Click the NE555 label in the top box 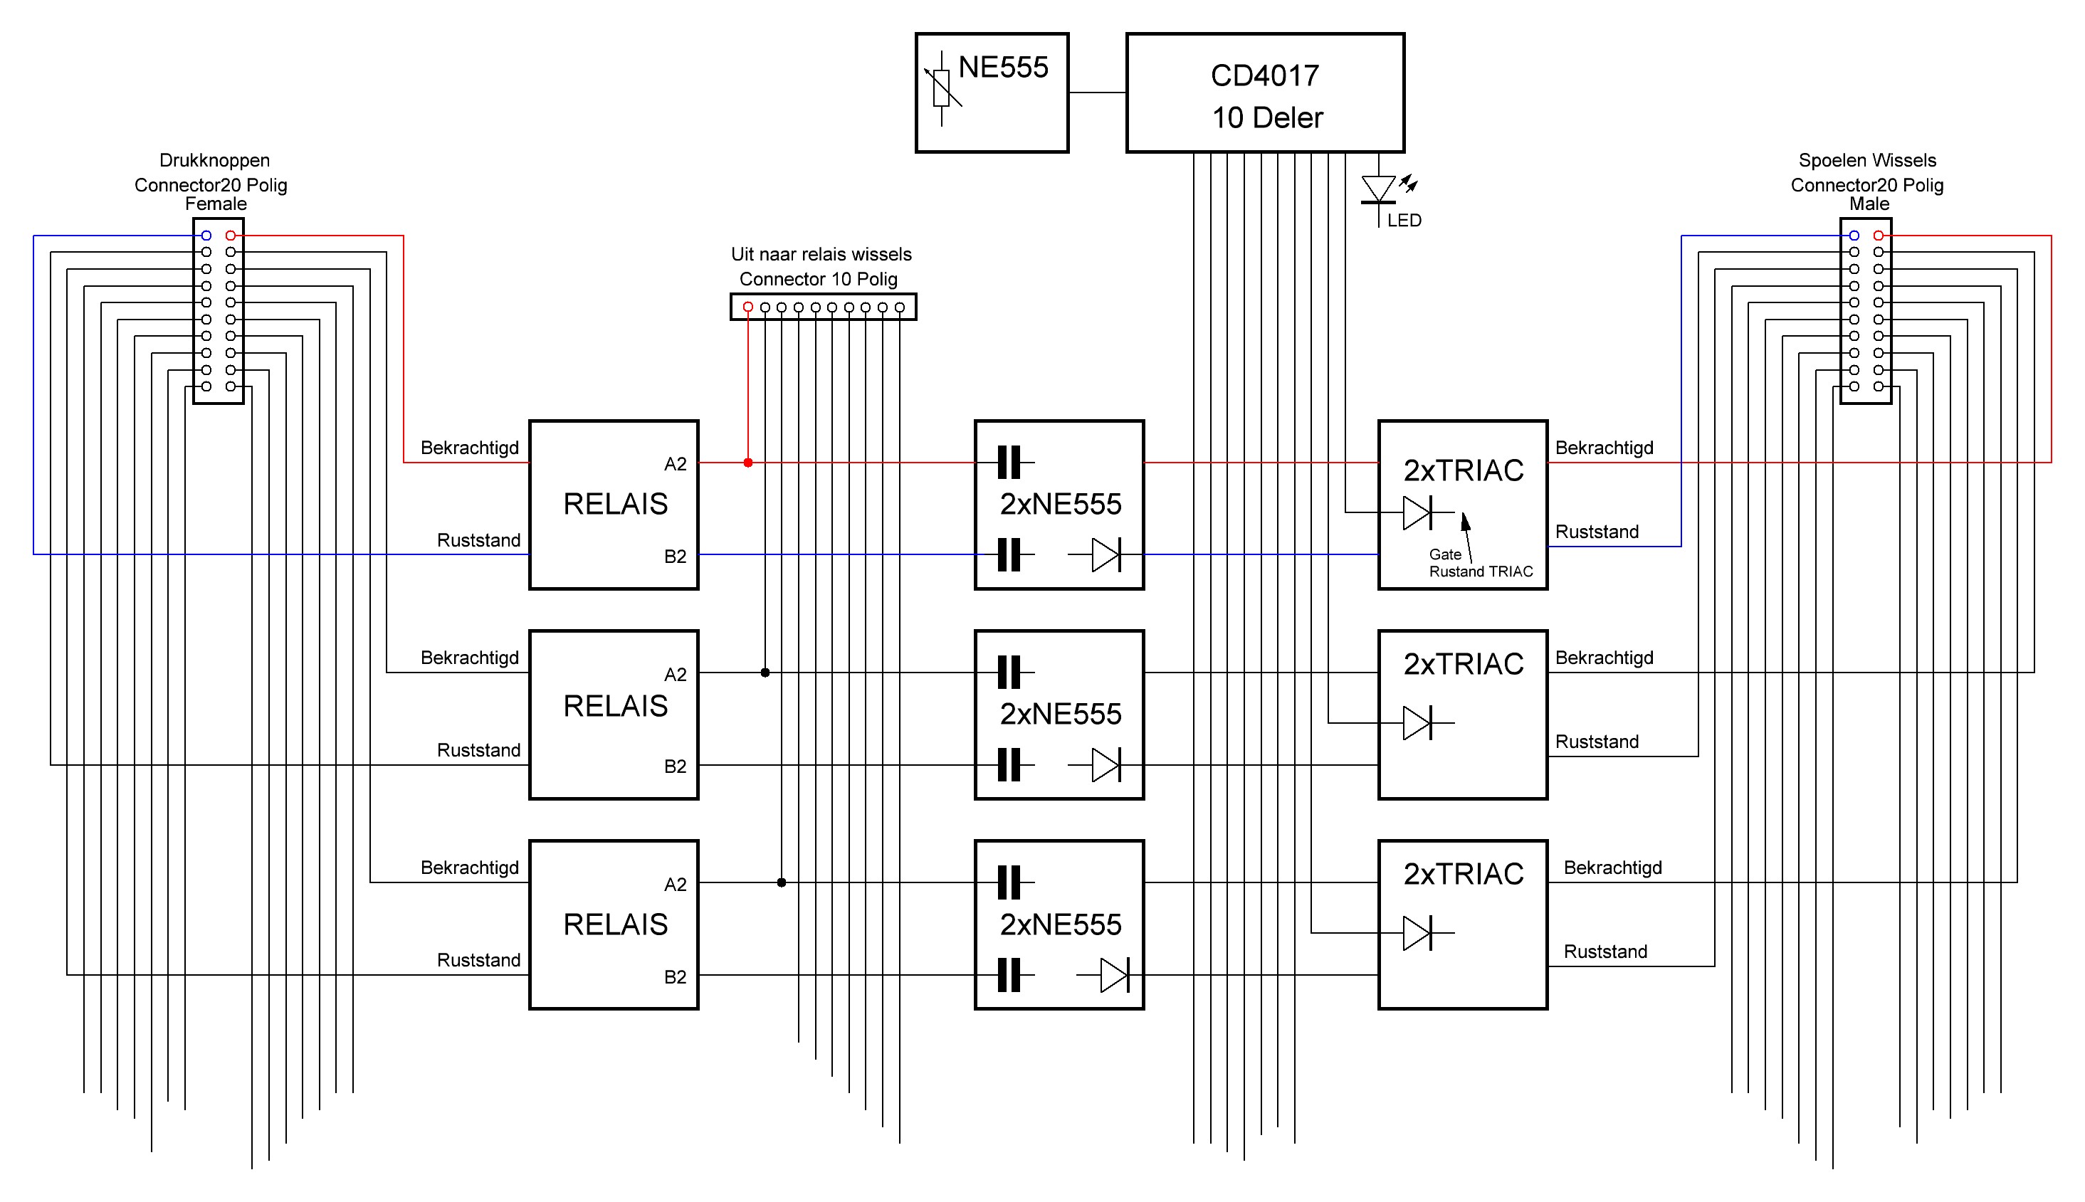tap(1002, 68)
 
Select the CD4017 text tap(1265, 76)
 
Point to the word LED tap(1404, 221)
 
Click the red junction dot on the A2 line tap(748, 463)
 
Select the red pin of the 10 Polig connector tap(748, 307)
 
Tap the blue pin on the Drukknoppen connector tap(206, 236)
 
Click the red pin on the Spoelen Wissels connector tap(1879, 236)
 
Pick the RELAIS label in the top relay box tap(615, 504)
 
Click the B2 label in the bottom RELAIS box tap(675, 976)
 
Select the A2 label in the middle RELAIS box tap(675, 675)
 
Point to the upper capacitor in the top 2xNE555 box tap(1009, 463)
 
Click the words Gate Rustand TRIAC tap(1481, 563)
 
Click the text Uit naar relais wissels tap(821, 254)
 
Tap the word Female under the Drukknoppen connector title tap(216, 204)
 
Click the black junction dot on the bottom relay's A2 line tap(781, 882)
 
